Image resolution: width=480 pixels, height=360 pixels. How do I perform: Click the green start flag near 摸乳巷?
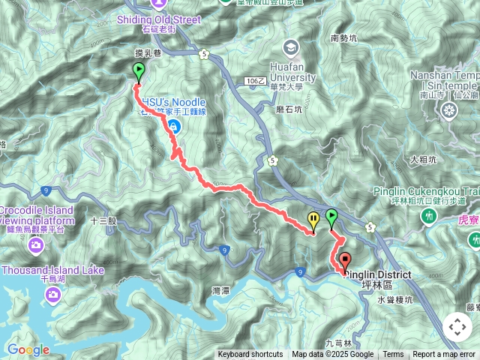click(x=139, y=72)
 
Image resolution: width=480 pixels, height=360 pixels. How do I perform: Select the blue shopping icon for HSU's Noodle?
click(x=173, y=127)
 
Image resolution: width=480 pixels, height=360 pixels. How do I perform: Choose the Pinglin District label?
click(x=378, y=275)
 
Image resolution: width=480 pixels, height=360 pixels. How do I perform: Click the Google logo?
click(x=28, y=350)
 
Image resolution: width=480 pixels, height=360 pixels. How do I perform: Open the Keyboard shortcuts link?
click(x=250, y=355)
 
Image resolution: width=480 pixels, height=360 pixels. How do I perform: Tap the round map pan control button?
click(x=457, y=327)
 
